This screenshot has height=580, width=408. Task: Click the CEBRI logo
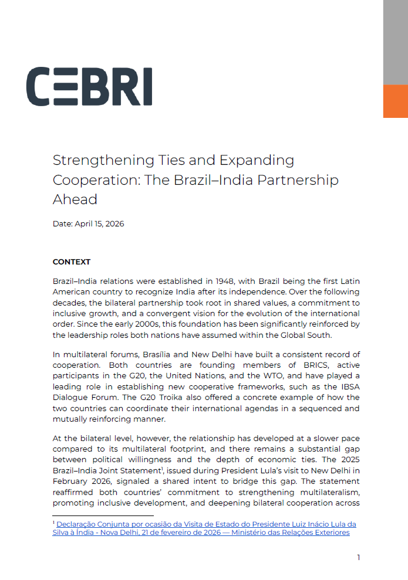89,87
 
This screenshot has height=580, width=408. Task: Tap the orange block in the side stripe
395,101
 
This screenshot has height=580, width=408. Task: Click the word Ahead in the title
75,199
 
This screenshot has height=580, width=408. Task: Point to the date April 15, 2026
99,224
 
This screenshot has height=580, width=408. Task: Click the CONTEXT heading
72,262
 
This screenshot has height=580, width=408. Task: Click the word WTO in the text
259,375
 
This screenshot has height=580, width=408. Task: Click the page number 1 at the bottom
359,558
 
